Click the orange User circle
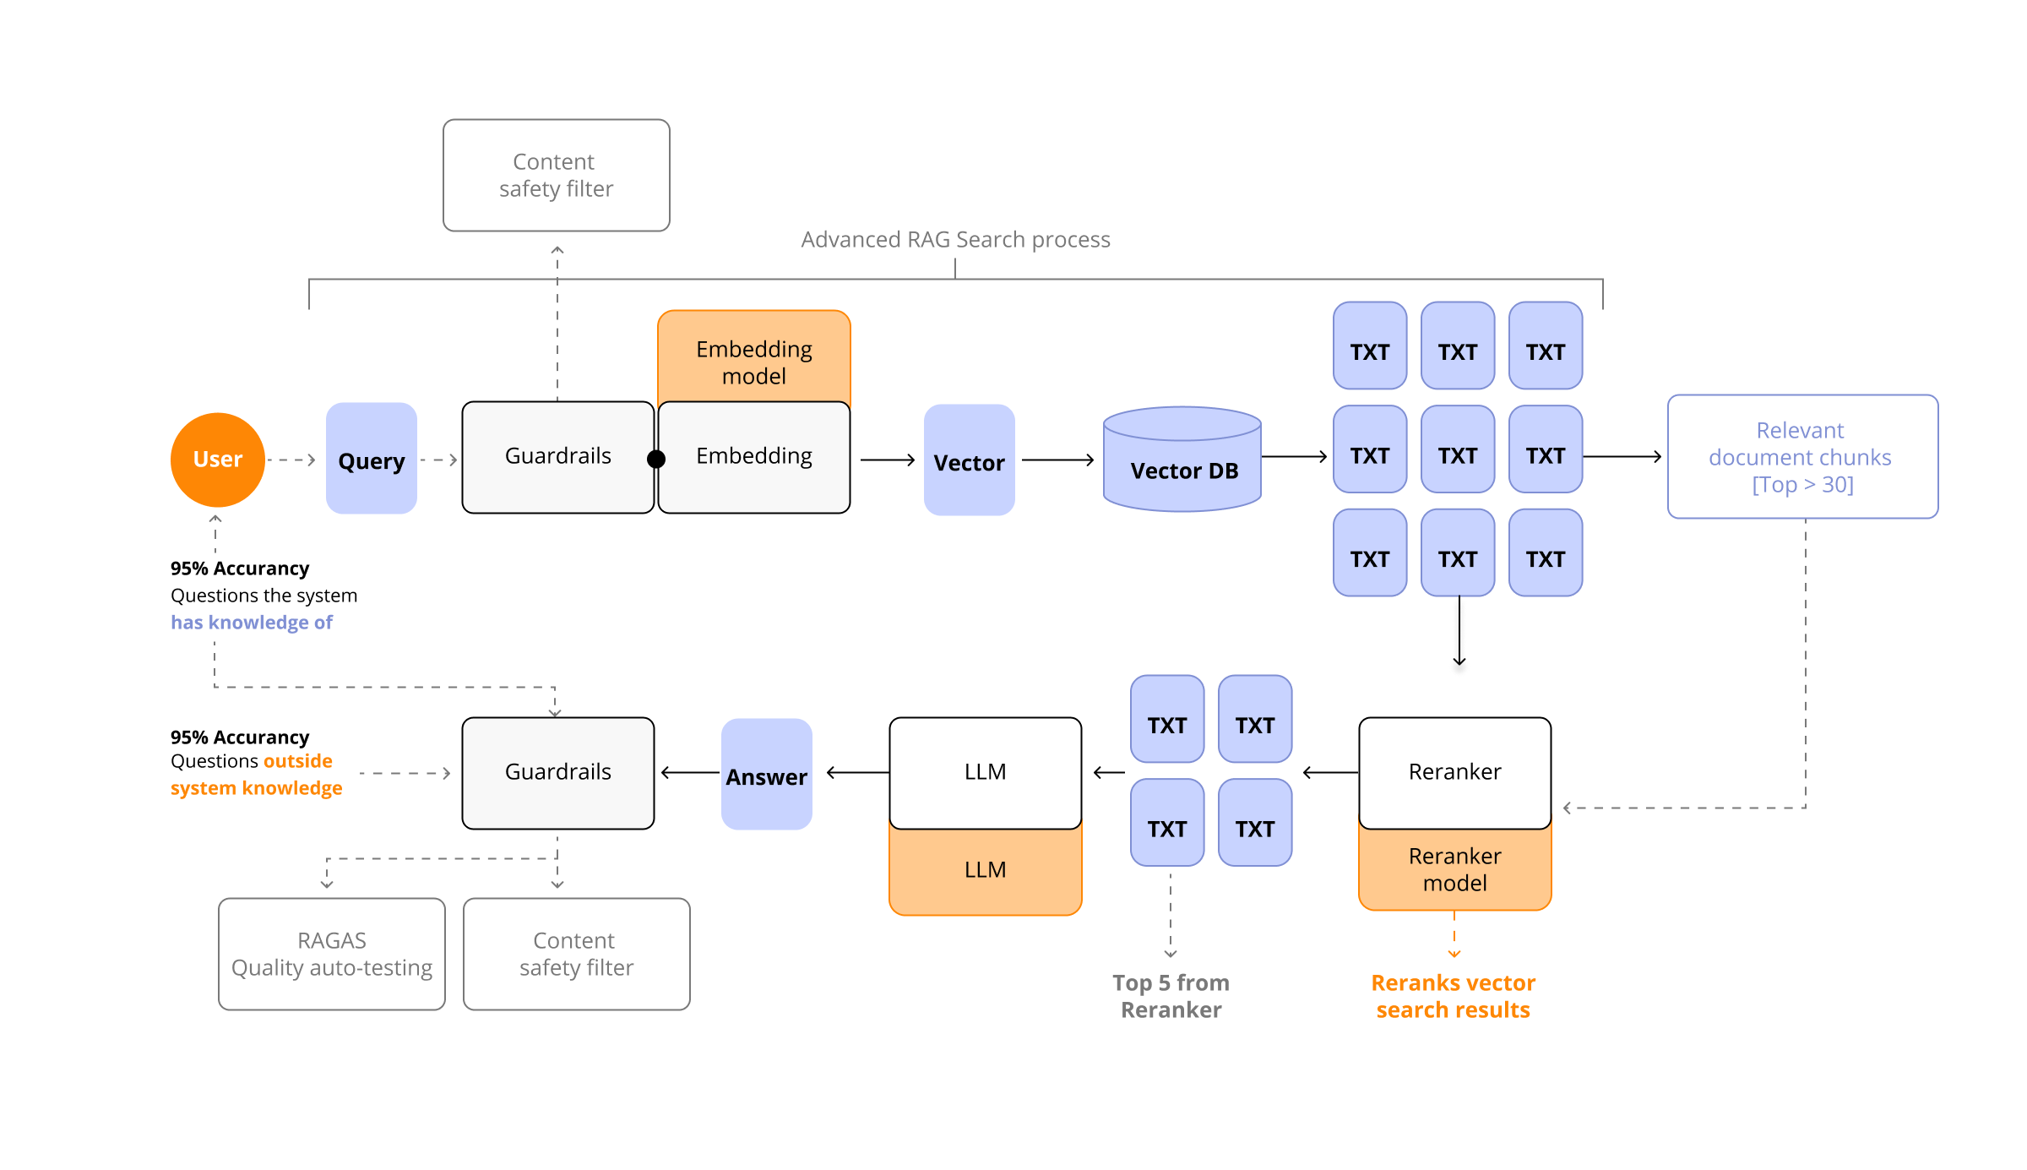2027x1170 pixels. (218, 460)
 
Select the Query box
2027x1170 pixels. (372, 460)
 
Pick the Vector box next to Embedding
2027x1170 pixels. (969, 460)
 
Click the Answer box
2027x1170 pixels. (766, 775)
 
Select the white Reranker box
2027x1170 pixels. (1454, 772)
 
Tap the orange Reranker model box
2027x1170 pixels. (1454, 870)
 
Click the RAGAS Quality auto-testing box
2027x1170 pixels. (331, 954)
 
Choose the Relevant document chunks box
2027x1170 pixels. (1802, 457)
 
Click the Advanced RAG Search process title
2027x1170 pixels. (955, 240)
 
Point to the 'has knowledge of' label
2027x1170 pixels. (251, 623)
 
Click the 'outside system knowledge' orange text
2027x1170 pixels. (258, 775)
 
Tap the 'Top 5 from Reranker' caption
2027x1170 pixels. (1171, 996)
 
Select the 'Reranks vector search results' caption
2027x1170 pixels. (1453, 996)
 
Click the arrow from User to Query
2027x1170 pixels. (292, 460)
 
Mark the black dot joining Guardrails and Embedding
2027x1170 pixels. (655, 460)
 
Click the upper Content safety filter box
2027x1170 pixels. (556, 176)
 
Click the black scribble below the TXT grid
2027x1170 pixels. (1459, 638)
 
